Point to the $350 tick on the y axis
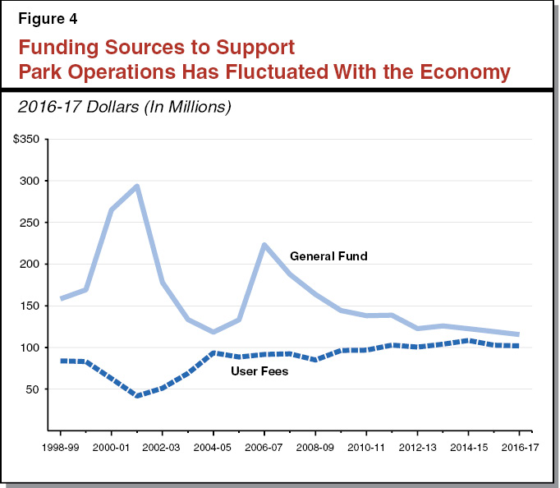tap(26, 139)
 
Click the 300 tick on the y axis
tap(30, 181)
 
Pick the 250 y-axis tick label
tap(30, 223)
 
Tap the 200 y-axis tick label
tap(30, 265)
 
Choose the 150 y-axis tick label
tap(30, 306)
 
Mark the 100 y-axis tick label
tap(30, 348)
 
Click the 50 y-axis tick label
tap(33, 389)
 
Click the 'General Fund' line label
tap(328, 256)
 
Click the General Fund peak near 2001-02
tap(137, 186)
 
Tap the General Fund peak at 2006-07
tap(264, 245)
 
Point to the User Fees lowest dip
tap(137, 395)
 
